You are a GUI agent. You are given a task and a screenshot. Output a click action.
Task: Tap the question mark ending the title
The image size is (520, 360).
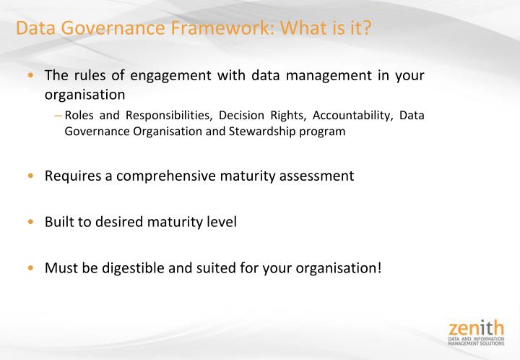pos(366,29)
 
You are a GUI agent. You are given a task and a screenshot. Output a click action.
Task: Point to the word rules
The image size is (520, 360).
pos(84,76)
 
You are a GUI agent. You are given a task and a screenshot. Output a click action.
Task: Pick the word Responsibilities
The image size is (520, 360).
pos(167,116)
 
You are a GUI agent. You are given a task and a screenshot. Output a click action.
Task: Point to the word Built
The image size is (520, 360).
pos(60,222)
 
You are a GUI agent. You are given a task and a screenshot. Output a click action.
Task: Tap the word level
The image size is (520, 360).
pos(220,222)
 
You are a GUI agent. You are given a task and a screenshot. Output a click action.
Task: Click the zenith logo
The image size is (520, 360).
pos(475,330)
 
